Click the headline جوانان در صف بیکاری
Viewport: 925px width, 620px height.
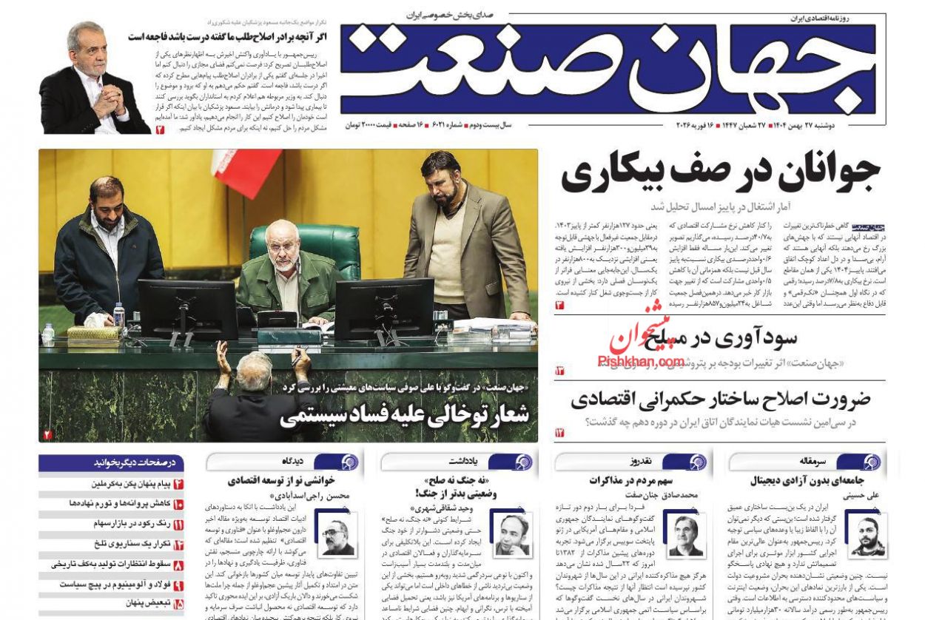[720, 173]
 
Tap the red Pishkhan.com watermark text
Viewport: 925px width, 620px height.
[641, 361]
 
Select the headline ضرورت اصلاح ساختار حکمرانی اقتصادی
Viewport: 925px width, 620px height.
[720, 400]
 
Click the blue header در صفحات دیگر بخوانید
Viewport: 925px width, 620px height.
[111, 462]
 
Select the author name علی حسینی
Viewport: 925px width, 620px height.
[861, 495]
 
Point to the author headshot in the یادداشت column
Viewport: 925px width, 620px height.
[511, 533]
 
